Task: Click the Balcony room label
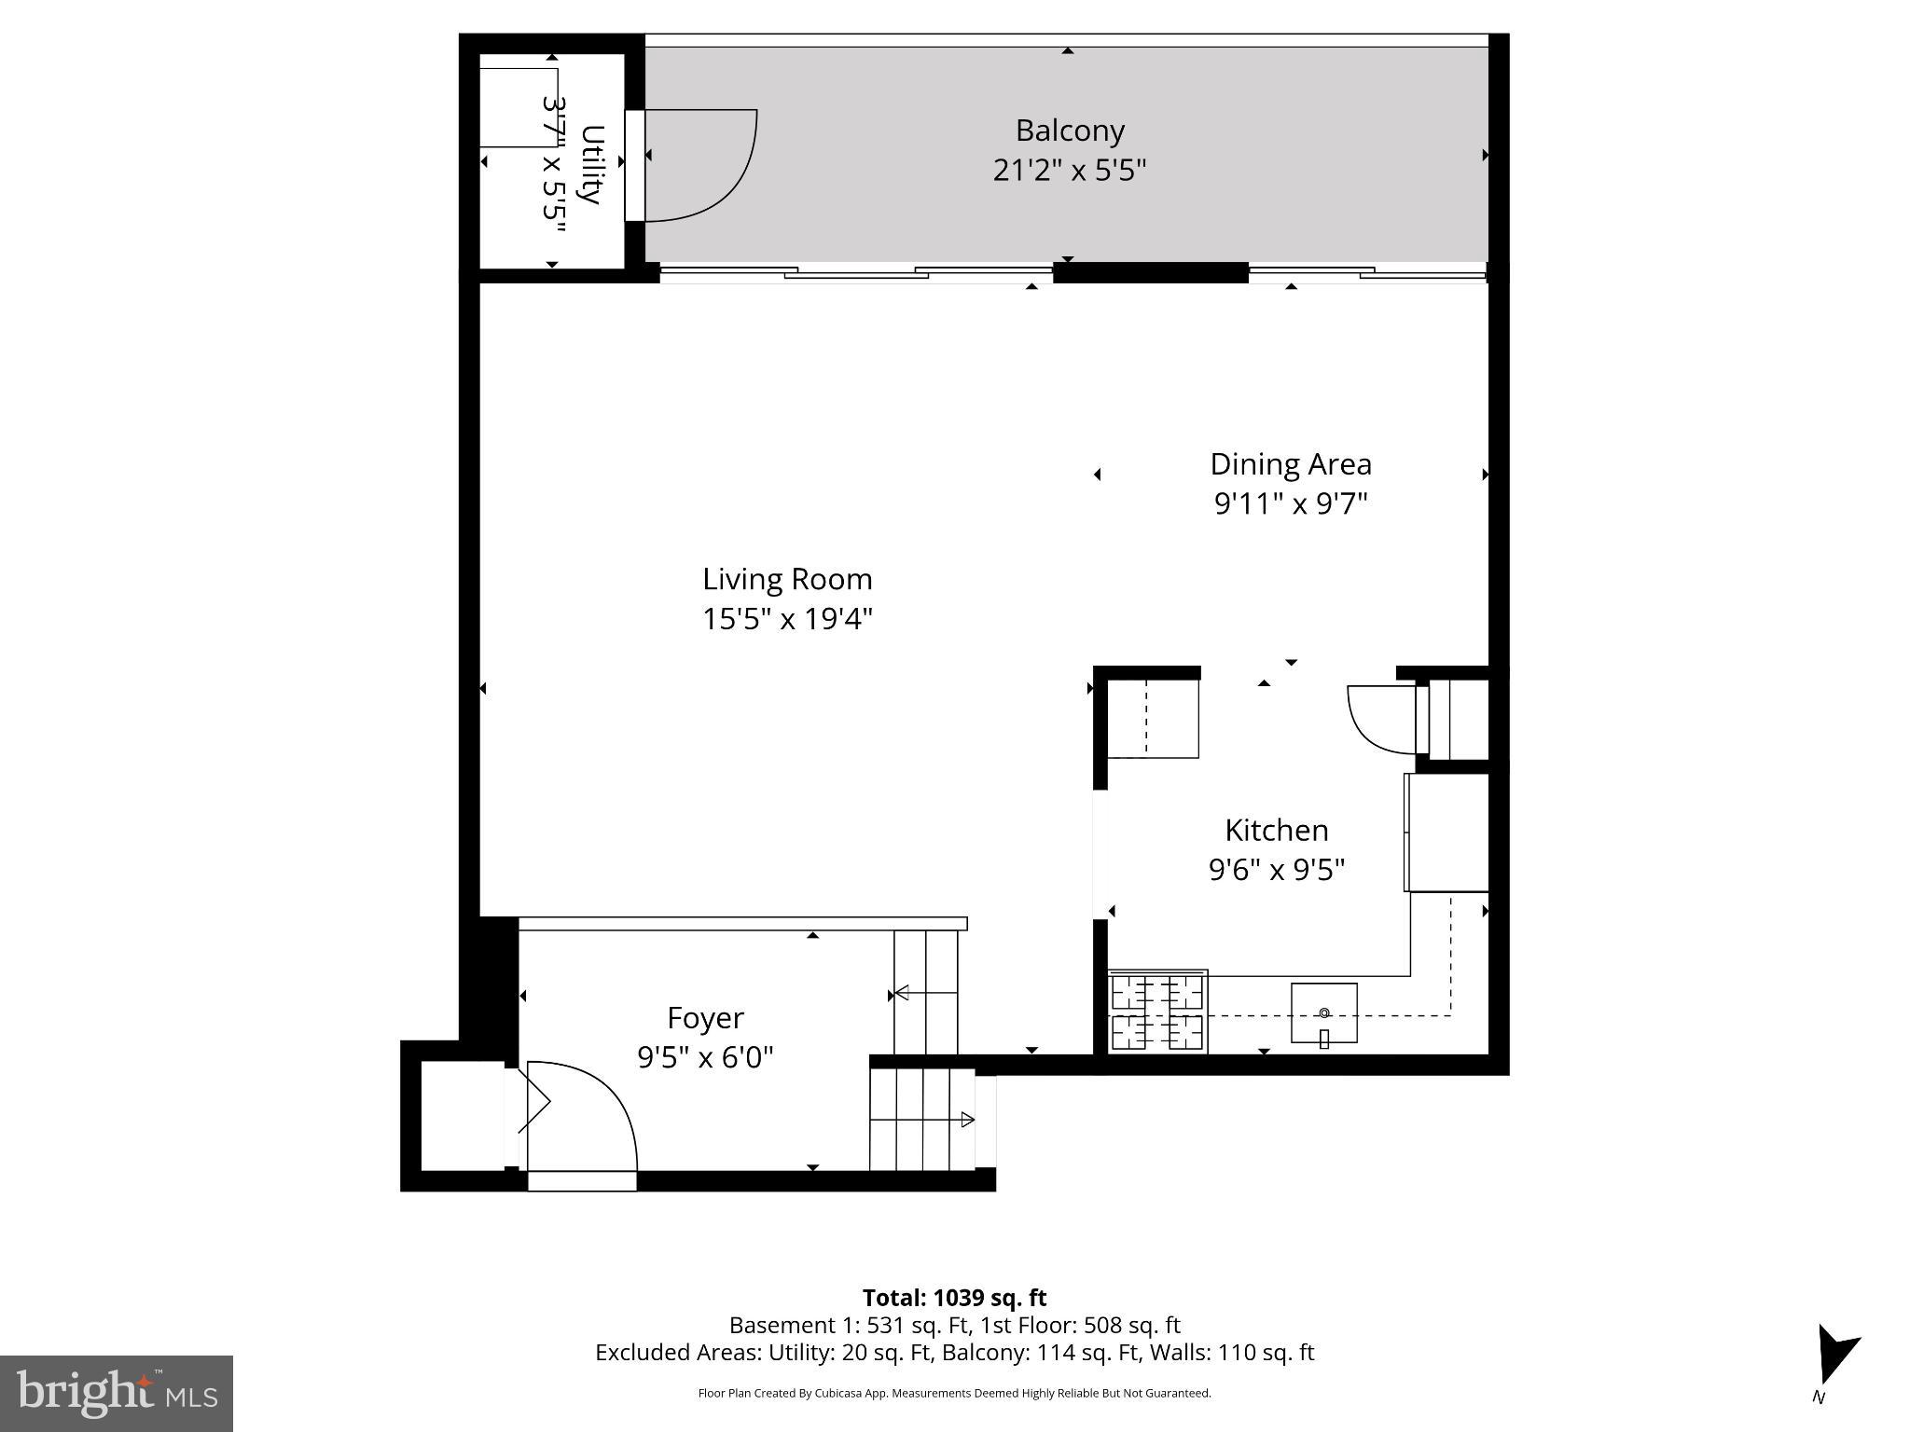(x=1070, y=131)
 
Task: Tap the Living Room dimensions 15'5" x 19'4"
(x=787, y=619)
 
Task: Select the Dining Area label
(x=1291, y=464)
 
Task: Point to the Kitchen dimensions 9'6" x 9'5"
(x=1277, y=870)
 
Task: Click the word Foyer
(x=705, y=1018)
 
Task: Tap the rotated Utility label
(x=591, y=164)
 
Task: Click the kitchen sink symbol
(x=1323, y=1013)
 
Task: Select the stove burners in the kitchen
(x=1157, y=1012)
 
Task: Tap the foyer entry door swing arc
(x=588, y=1109)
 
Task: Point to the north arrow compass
(x=1834, y=1357)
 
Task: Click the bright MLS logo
(x=116, y=1393)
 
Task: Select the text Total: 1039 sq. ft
(x=954, y=1298)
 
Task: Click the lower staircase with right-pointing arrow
(x=923, y=1120)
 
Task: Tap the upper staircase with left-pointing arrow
(x=926, y=992)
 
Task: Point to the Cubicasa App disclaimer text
(x=954, y=1394)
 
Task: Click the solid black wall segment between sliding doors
(x=1150, y=272)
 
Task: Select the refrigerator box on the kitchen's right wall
(x=1446, y=833)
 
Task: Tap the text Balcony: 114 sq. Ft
(x=1037, y=1353)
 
